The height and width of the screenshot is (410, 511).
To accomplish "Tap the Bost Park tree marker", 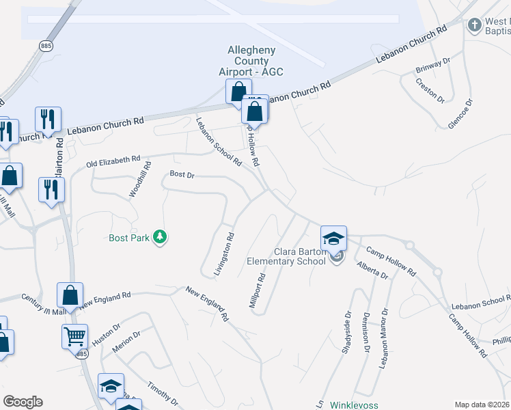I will (x=161, y=237).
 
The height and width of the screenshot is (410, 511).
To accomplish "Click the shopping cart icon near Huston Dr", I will (x=74, y=336).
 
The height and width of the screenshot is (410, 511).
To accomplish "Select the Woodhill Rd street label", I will (x=140, y=180).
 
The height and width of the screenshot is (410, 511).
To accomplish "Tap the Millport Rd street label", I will (x=257, y=290).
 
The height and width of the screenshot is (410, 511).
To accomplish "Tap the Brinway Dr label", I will (x=433, y=66).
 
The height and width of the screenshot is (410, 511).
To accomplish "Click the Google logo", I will (x=23, y=402).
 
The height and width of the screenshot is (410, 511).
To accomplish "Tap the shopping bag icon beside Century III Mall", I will (x=71, y=295).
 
